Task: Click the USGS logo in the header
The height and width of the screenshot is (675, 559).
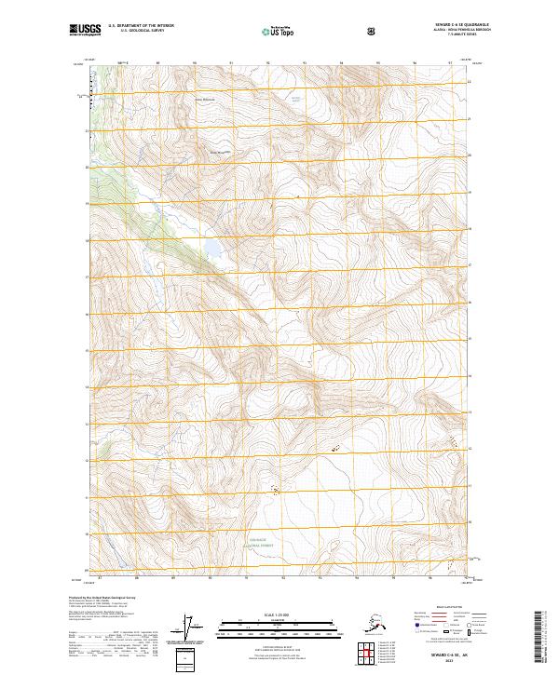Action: (x=85, y=31)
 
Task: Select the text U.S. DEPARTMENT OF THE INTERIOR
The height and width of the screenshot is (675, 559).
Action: (x=141, y=26)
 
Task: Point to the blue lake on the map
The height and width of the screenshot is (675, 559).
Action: (x=213, y=250)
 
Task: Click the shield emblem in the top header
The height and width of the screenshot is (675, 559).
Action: (x=371, y=32)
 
